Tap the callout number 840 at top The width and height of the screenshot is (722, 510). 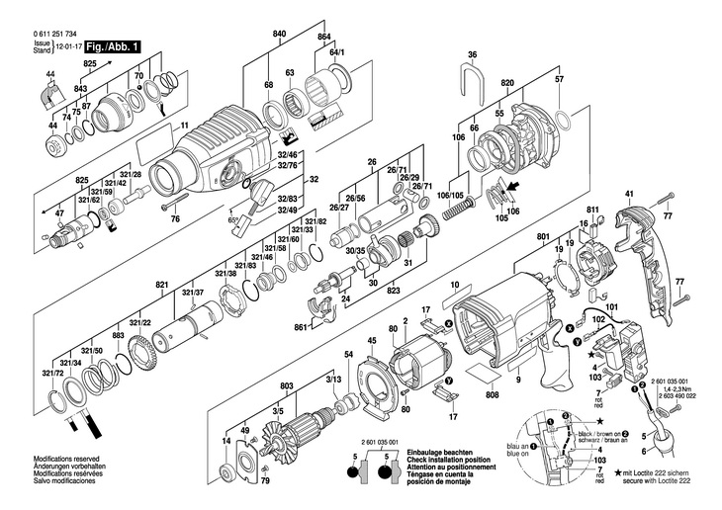tap(279, 35)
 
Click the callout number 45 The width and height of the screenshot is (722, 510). tap(373, 342)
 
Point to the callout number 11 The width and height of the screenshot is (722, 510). tap(183, 125)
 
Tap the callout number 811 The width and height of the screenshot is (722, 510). tap(593, 212)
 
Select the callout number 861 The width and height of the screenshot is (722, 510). tap(301, 326)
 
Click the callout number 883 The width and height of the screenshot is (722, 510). tap(118, 336)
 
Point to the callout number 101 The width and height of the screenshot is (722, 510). tap(611, 307)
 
